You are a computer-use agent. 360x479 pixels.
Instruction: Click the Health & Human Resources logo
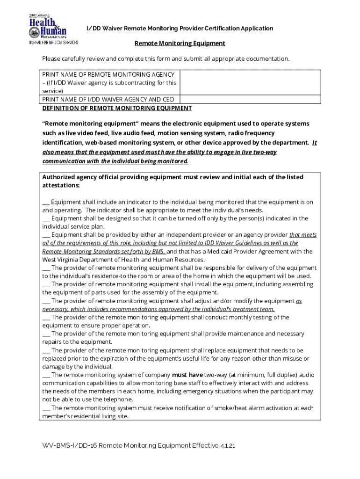click(x=48, y=28)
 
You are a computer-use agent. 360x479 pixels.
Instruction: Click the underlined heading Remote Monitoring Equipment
click(x=180, y=44)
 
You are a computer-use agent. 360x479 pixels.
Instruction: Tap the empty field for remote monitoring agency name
click(x=250, y=82)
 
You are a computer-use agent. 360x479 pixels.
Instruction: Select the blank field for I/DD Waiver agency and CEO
click(x=250, y=99)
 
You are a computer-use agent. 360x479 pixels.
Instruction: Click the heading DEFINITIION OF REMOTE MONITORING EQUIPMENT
click(x=117, y=108)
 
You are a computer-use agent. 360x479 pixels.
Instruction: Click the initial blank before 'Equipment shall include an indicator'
click(x=46, y=202)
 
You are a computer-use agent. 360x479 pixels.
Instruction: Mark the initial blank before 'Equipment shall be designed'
click(x=46, y=218)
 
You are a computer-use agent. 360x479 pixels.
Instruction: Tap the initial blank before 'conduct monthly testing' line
click(x=46, y=317)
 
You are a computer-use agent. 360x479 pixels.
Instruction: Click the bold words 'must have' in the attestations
click(x=187, y=375)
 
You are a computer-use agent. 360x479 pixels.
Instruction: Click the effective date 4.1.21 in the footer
click(x=226, y=446)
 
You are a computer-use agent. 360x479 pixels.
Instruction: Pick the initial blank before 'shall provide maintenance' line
click(x=46, y=334)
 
